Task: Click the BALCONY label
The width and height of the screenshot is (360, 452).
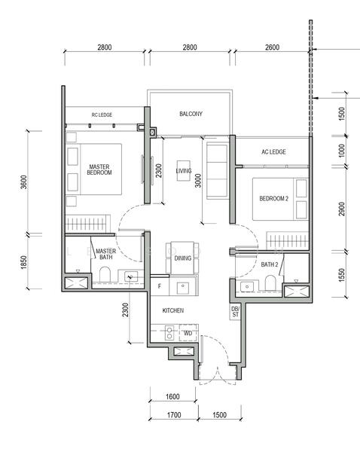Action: (x=191, y=114)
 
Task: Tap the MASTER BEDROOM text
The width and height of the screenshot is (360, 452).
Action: (x=99, y=169)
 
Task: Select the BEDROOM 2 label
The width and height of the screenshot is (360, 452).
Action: (x=274, y=199)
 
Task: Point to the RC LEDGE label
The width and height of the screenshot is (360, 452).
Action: (x=102, y=115)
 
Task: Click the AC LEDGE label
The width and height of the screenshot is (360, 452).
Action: (x=273, y=152)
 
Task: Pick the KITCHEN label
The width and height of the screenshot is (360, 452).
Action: (x=173, y=310)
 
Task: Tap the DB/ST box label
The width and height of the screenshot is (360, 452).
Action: (x=235, y=312)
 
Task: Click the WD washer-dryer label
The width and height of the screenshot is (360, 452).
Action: (x=188, y=333)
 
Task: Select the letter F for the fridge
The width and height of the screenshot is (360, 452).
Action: (x=160, y=286)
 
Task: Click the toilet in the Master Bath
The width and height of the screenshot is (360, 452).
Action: (x=105, y=274)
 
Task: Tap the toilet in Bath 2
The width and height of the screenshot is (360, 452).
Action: (x=270, y=282)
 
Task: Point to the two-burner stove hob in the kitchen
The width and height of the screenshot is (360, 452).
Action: (x=169, y=333)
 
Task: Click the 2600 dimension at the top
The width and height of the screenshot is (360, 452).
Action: (x=272, y=47)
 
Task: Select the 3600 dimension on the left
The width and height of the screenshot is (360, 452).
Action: (x=24, y=182)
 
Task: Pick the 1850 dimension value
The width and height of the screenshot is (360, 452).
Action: (x=24, y=262)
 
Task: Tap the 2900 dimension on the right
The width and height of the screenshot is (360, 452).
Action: (x=342, y=209)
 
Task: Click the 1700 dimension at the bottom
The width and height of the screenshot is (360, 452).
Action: (x=174, y=415)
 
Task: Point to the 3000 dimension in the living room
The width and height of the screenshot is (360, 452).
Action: (x=198, y=181)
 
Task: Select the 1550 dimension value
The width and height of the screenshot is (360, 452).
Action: (x=342, y=275)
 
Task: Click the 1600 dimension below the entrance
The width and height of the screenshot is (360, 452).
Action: (x=172, y=397)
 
